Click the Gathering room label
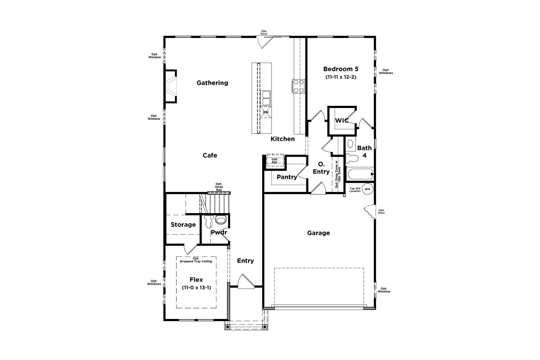pyautogui.click(x=212, y=83)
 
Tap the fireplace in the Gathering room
pyautogui.click(x=171, y=86)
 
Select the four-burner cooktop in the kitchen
pyautogui.click(x=299, y=86)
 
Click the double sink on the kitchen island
pyautogui.click(x=266, y=98)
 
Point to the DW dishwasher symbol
pyautogui.click(x=266, y=112)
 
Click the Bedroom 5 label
pyautogui.click(x=341, y=69)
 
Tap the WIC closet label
pyautogui.click(x=342, y=121)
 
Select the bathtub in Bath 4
pyautogui.click(x=360, y=174)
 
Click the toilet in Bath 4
pyautogui.click(x=352, y=159)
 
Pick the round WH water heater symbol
pyautogui.click(x=368, y=189)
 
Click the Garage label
pyautogui.click(x=319, y=233)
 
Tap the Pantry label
pyautogui.click(x=287, y=177)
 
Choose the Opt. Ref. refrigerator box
pyautogui.click(x=275, y=160)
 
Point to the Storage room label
pyautogui.click(x=183, y=225)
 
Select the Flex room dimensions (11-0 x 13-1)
pyautogui.click(x=196, y=288)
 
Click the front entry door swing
pyautogui.click(x=246, y=281)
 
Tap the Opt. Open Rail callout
pyautogui.click(x=219, y=187)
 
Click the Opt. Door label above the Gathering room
pyautogui.click(x=264, y=32)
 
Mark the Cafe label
pyautogui.click(x=210, y=156)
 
